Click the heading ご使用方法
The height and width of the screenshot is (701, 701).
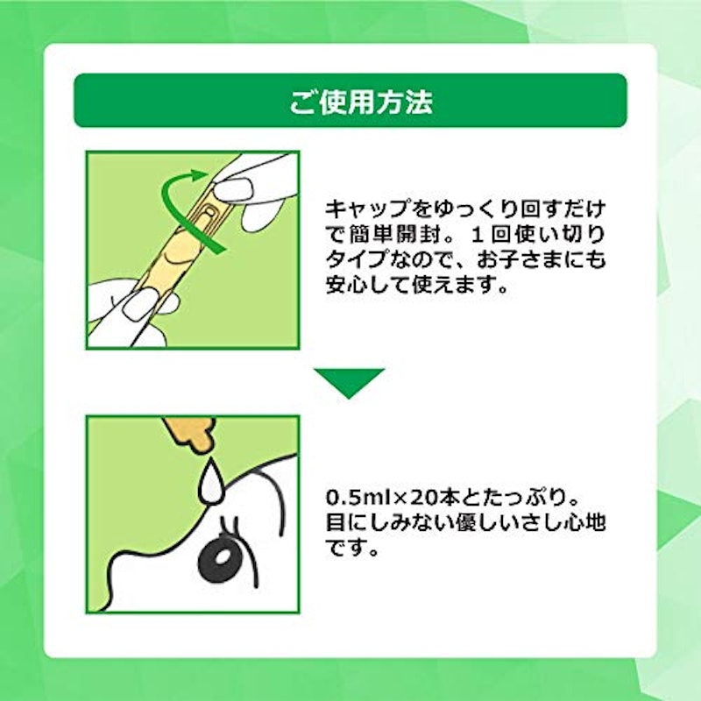click(x=361, y=102)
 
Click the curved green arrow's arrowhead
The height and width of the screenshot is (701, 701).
click(x=199, y=174)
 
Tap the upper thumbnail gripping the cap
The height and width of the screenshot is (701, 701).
click(x=232, y=189)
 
